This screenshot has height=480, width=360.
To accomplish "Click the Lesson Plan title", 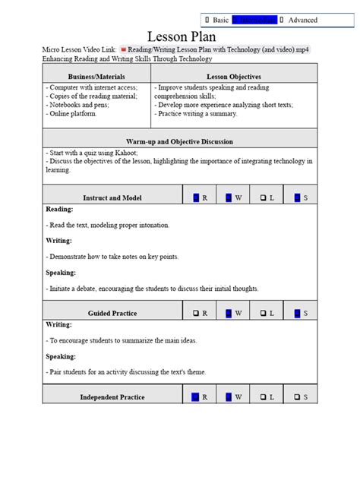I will (x=181, y=36).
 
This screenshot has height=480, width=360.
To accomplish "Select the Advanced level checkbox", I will (x=283, y=20).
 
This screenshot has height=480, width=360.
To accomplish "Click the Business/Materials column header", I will (x=96, y=77).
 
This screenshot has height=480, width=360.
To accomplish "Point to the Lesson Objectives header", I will (x=234, y=77).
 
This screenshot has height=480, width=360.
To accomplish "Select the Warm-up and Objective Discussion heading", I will (x=179, y=141).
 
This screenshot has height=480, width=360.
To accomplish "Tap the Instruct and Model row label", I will (x=112, y=197).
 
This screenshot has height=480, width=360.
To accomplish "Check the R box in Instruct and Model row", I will (x=196, y=197).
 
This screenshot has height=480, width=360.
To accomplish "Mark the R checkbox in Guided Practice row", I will (x=196, y=313).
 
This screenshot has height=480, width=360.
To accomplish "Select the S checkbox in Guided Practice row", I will (x=298, y=313).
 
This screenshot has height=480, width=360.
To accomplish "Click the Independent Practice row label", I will (x=112, y=396).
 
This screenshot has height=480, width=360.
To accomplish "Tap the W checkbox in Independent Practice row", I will (x=229, y=396).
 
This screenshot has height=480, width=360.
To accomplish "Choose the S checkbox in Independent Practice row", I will (x=296, y=396).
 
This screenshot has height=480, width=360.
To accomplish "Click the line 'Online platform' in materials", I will (x=73, y=114).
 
